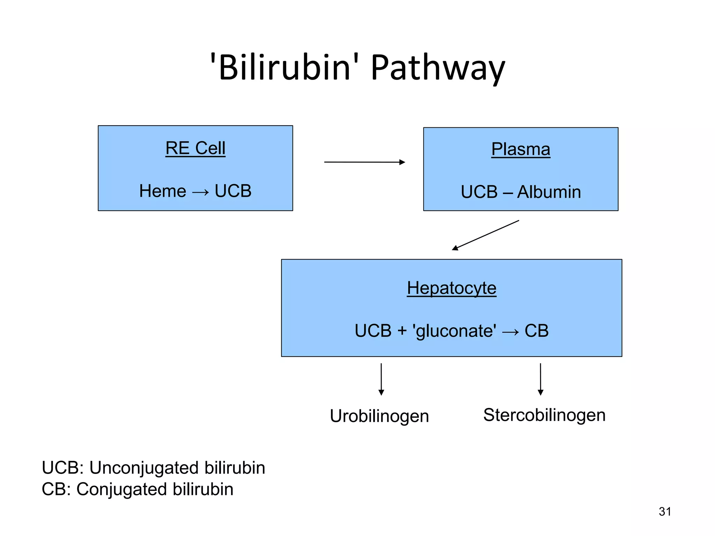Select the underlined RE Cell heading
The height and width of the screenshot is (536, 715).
coord(195,148)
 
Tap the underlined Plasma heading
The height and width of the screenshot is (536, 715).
coord(521,149)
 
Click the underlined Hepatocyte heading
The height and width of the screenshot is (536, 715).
coord(451,288)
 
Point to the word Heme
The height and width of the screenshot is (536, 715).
coord(163,191)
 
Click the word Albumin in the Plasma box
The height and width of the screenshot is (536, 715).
coord(549,192)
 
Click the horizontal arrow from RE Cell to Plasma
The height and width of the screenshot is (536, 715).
coord(364,162)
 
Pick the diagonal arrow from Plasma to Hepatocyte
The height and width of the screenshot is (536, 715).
coord(485,235)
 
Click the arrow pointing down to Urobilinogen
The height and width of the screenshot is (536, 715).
coord(381,379)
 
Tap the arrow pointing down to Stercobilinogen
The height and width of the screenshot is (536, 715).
coord(540,379)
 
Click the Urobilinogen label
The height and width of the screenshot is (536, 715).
coord(379,416)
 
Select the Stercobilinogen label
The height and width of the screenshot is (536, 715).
coord(544,415)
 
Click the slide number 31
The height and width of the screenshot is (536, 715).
coord(665,512)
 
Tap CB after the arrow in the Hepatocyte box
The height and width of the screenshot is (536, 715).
coord(537,331)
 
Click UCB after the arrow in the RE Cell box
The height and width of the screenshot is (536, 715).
coord(233,191)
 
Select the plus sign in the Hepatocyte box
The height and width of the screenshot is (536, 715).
coord(402,331)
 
